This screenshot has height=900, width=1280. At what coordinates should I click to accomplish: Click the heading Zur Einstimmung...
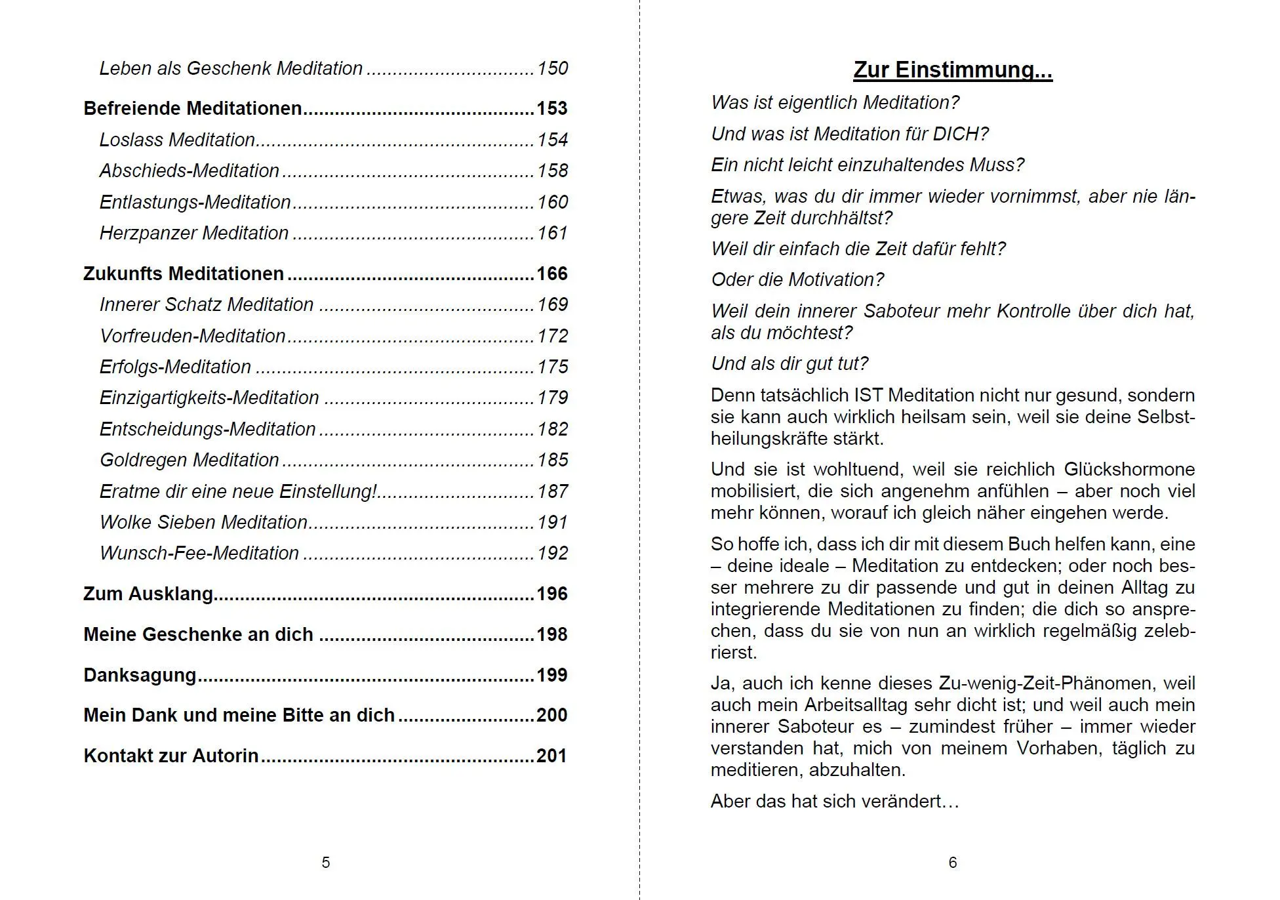pyautogui.click(x=952, y=70)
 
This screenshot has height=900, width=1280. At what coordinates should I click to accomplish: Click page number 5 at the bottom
pyautogui.click(x=326, y=863)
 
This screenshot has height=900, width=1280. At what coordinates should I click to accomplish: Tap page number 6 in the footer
pyautogui.click(x=953, y=863)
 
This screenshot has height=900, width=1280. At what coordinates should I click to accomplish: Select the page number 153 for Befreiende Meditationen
pyautogui.click(x=551, y=108)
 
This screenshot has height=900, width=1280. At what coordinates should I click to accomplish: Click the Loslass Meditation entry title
pyautogui.click(x=177, y=140)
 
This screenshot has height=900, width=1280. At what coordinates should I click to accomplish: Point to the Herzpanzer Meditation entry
pyautogui.click(x=194, y=233)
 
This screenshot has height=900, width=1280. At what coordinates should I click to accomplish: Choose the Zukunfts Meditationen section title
pyautogui.click(x=184, y=274)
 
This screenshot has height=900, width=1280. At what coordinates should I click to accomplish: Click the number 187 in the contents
pyautogui.click(x=552, y=491)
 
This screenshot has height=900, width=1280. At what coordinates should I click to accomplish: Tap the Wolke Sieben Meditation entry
pyautogui.click(x=203, y=522)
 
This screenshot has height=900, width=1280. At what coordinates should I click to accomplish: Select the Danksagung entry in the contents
pyautogui.click(x=140, y=675)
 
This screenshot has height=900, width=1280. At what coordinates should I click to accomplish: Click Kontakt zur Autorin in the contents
pyautogui.click(x=171, y=756)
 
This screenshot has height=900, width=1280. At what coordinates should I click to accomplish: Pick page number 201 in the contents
pyautogui.click(x=551, y=756)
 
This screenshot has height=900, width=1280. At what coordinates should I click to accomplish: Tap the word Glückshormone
pyautogui.click(x=1129, y=470)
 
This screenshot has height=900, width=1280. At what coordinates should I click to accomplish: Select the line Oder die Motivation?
pyautogui.click(x=797, y=279)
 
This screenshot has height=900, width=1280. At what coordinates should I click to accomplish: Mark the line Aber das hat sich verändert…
pyautogui.click(x=835, y=802)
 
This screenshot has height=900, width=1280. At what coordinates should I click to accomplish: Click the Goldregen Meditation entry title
pyautogui.click(x=190, y=460)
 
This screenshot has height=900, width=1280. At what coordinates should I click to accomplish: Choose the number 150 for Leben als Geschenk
pyautogui.click(x=552, y=68)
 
